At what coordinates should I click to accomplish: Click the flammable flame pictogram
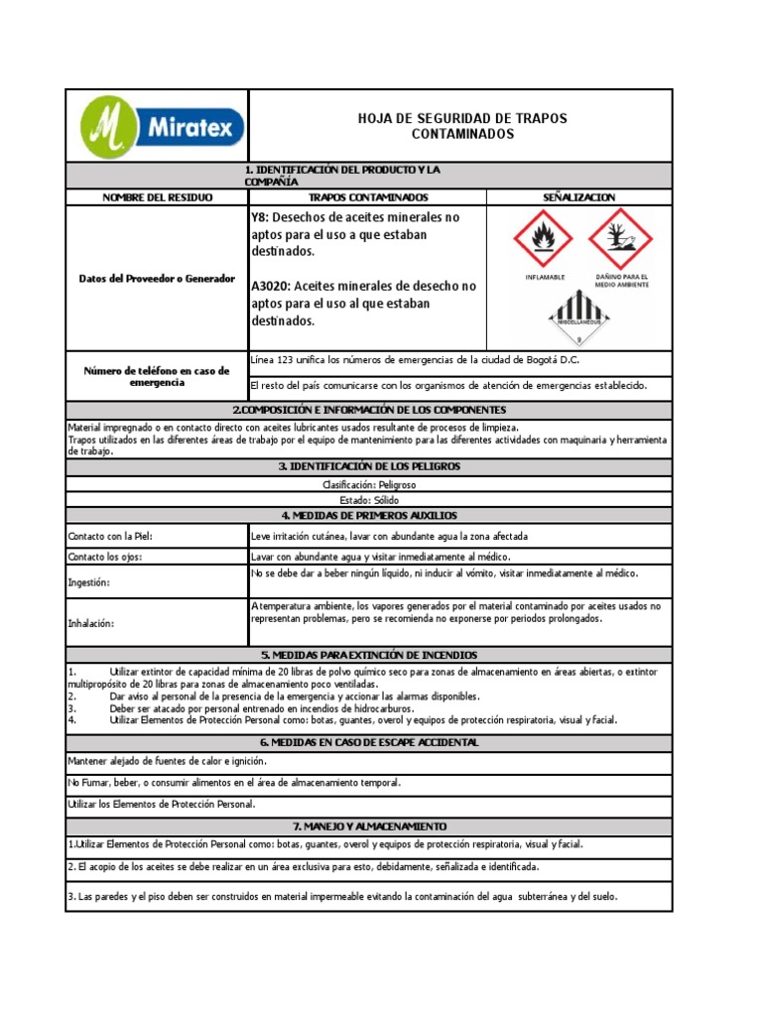544,239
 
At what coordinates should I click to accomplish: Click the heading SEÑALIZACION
579,197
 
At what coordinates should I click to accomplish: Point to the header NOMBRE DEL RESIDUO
157,197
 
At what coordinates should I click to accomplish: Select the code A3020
273,286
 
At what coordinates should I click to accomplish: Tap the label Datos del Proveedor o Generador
157,279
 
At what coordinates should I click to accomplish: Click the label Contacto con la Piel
110,537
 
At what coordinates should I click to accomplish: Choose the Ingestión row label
89,582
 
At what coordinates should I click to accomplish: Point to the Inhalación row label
91,624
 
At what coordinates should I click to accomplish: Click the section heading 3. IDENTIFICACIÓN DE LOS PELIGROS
369,466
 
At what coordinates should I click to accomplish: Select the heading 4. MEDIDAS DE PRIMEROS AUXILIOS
369,515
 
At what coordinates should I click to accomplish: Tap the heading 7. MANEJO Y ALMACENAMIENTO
369,825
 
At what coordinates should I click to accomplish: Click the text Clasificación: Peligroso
369,484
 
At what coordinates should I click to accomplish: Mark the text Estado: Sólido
369,501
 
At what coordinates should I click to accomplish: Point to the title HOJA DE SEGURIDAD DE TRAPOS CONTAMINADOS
462,126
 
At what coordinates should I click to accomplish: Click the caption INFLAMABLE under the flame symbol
545,278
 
